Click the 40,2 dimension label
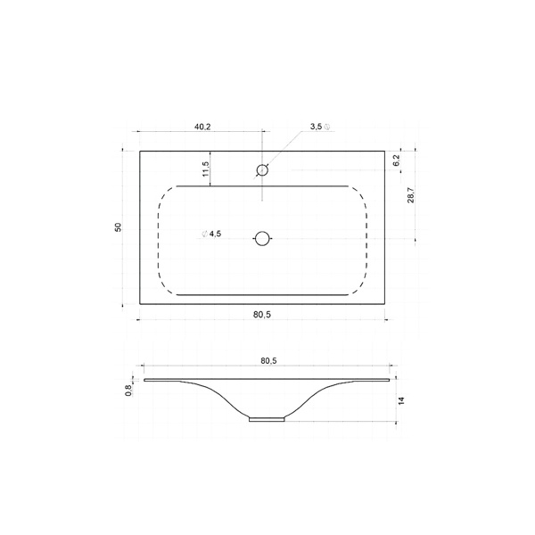pyautogui.click(x=202, y=127)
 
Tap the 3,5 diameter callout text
pyautogui.click(x=320, y=127)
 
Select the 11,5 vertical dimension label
pyautogui.click(x=205, y=169)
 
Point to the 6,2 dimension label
pyautogui.click(x=396, y=160)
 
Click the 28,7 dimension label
pyautogui.click(x=411, y=194)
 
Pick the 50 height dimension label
pyautogui.click(x=118, y=227)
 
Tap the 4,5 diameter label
pyautogui.click(x=211, y=234)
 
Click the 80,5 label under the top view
pyautogui.click(x=262, y=315)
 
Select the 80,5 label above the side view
pyautogui.click(x=269, y=360)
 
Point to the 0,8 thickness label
pyautogui.click(x=128, y=391)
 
